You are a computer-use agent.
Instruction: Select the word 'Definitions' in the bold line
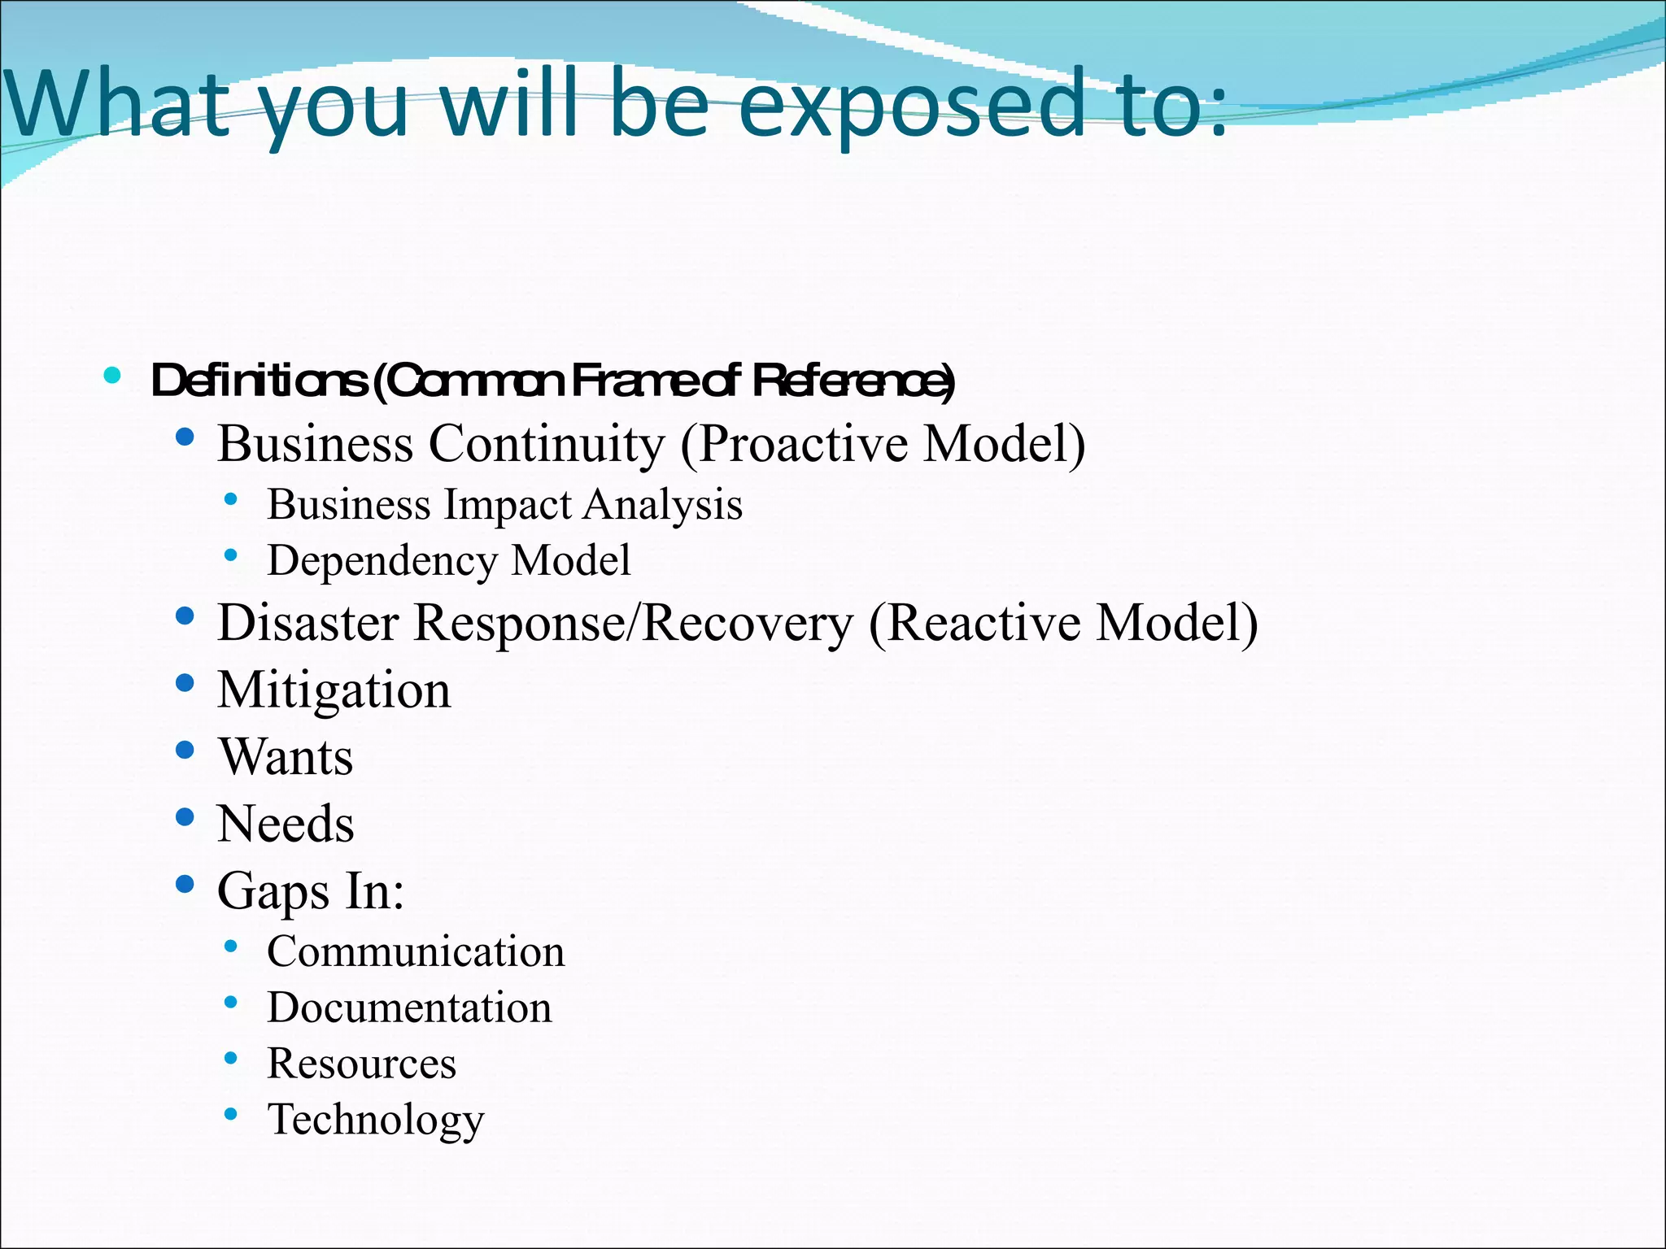259,381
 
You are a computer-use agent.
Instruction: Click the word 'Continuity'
547,444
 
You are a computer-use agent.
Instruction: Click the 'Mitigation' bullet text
334,690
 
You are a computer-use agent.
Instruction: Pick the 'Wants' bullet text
286,757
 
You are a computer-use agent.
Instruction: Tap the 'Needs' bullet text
286,824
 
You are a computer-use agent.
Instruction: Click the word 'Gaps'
273,891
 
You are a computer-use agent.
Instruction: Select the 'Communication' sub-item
416,952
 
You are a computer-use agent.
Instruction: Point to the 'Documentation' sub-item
409,1008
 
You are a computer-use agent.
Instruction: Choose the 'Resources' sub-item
362,1064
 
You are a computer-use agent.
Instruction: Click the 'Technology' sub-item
376,1120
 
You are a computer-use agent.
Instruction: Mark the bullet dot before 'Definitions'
112,376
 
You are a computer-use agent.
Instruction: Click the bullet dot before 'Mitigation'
185,683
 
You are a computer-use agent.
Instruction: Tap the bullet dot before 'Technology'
231,1114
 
